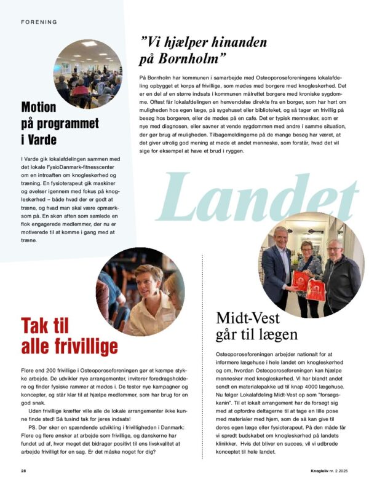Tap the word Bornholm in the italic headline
click(194, 61)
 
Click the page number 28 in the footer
click(23, 471)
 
